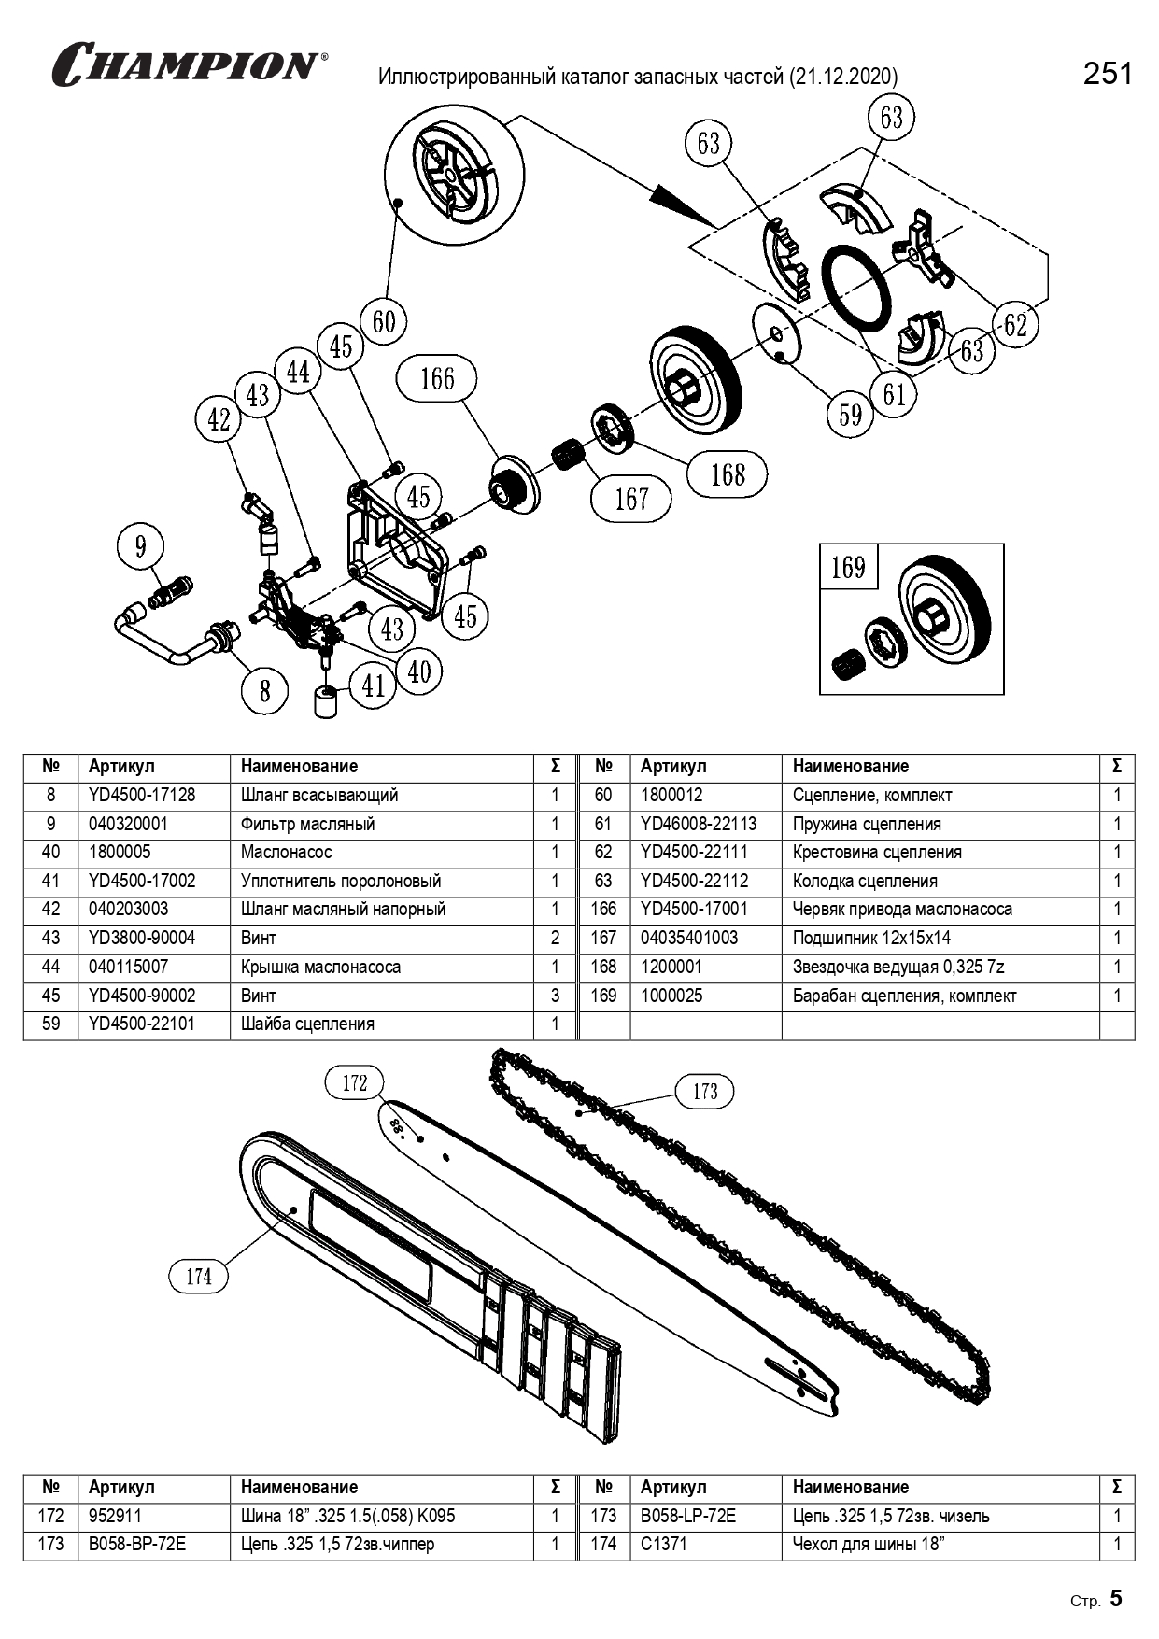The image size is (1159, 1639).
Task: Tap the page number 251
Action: [x=1108, y=74]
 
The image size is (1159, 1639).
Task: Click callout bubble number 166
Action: [x=437, y=379]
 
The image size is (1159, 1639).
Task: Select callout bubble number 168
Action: [x=728, y=474]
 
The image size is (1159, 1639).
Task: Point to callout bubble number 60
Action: [x=384, y=322]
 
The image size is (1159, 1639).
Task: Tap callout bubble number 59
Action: [x=850, y=414]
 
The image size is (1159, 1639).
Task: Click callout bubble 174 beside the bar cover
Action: [x=199, y=1277]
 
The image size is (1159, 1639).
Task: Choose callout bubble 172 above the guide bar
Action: [x=355, y=1083]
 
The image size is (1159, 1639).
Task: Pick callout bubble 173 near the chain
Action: [x=705, y=1092]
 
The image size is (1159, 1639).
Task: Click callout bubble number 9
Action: [x=141, y=546]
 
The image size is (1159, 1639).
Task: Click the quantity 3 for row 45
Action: [x=556, y=996]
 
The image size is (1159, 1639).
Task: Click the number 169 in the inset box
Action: [x=848, y=567]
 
